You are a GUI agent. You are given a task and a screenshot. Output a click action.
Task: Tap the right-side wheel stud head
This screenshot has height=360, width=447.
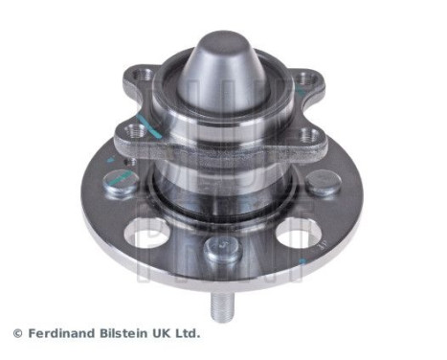tap(324, 183)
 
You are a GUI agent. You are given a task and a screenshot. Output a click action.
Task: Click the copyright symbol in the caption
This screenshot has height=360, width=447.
tap(16, 333)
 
